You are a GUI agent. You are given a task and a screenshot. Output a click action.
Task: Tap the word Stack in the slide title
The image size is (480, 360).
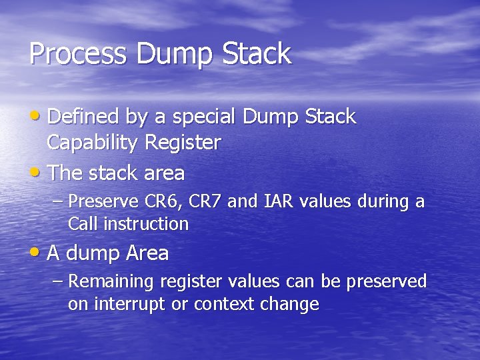[256, 54]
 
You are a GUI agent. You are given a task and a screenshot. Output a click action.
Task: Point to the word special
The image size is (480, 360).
[203, 117]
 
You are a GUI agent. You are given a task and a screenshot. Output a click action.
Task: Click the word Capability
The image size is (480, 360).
[93, 143]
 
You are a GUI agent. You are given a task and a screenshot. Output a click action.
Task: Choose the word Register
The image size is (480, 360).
[183, 143]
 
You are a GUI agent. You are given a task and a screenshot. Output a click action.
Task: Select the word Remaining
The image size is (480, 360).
[111, 282]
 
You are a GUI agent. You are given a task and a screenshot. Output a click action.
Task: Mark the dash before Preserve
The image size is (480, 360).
[58, 201]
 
